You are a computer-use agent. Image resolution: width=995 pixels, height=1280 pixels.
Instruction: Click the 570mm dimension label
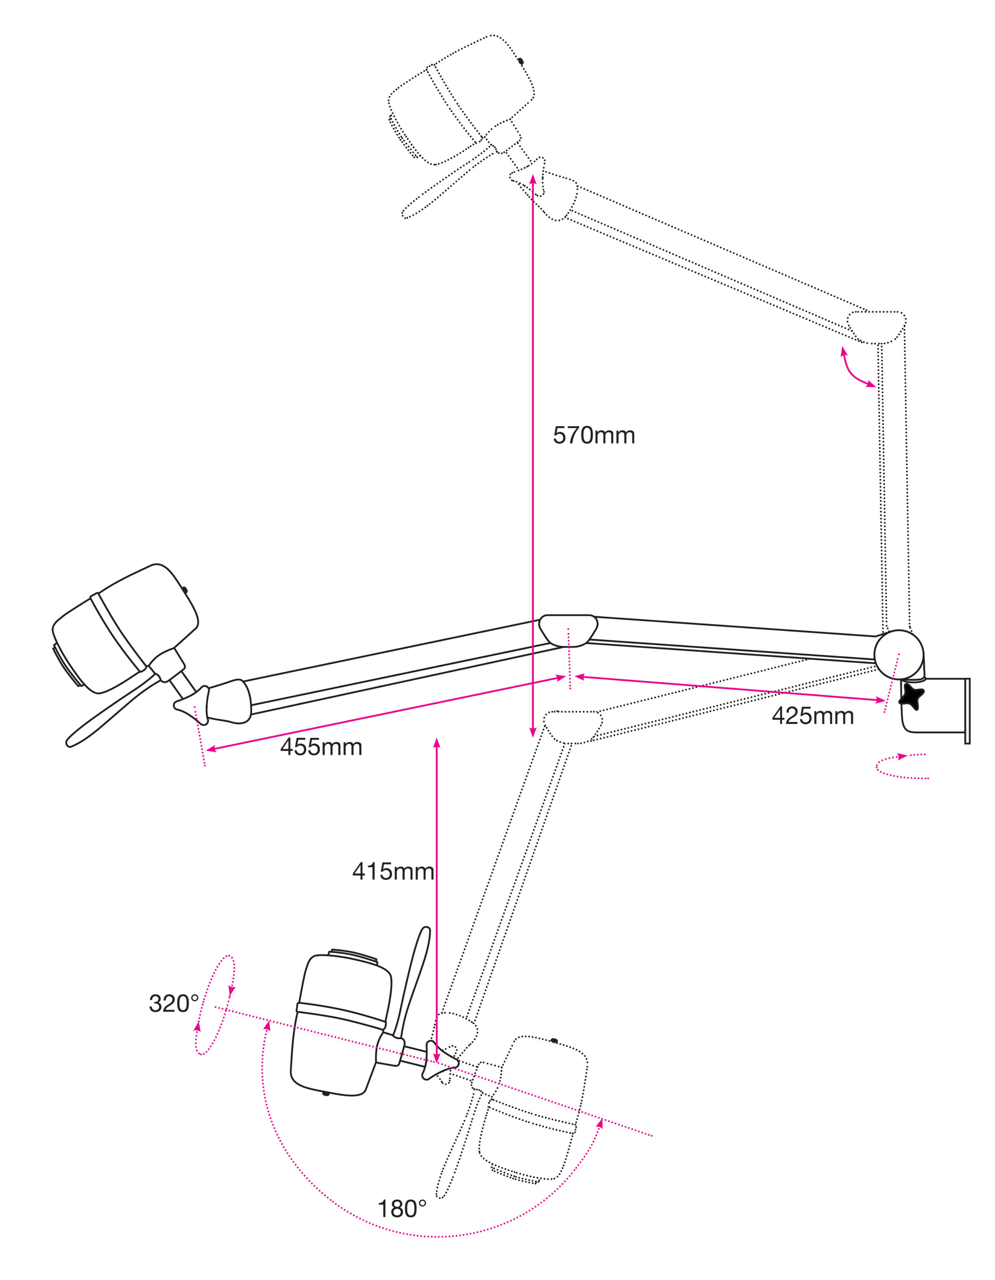coord(593,436)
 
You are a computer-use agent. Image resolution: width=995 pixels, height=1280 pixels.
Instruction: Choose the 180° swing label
coord(402,1209)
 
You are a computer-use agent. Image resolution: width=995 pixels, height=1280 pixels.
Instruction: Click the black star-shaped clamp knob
coord(912,696)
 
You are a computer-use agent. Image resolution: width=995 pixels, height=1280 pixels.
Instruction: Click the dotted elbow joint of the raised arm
coord(877,327)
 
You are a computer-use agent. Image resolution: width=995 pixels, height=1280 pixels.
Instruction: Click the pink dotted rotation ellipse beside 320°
coord(215,1004)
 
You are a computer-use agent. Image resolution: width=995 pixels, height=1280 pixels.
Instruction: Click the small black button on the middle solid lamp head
coord(184,590)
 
